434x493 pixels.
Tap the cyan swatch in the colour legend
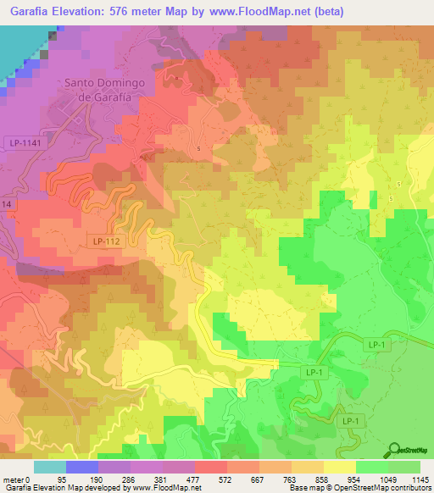click(x=50, y=467)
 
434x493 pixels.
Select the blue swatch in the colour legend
click(x=82, y=467)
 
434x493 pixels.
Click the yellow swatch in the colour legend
click(x=339, y=467)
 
